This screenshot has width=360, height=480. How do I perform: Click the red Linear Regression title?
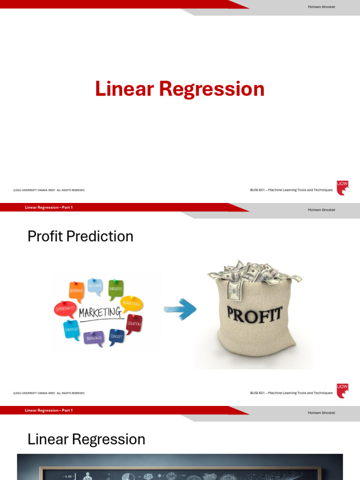click(x=180, y=89)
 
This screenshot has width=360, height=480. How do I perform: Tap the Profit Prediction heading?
click(x=80, y=236)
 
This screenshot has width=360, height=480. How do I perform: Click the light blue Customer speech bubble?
click(x=95, y=286)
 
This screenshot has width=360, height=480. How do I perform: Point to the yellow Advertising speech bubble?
click(x=132, y=304)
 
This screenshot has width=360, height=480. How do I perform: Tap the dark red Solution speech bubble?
click(x=134, y=323)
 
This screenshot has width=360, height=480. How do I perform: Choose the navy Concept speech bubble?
click(x=117, y=337)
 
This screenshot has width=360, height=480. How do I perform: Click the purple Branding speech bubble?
click(x=94, y=338)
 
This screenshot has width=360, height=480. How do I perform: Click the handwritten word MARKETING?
click(x=100, y=313)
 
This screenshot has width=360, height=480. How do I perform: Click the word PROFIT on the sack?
click(x=255, y=314)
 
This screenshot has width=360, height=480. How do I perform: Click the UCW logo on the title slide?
click(x=342, y=188)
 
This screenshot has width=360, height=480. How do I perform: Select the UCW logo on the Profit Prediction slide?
click(x=342, y=391)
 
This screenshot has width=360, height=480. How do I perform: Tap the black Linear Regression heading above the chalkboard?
click(x=86, y=439)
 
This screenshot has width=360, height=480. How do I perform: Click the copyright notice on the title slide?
click(x=49, y=190)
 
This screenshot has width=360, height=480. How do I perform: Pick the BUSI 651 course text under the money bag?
click(x=291, y=393)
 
